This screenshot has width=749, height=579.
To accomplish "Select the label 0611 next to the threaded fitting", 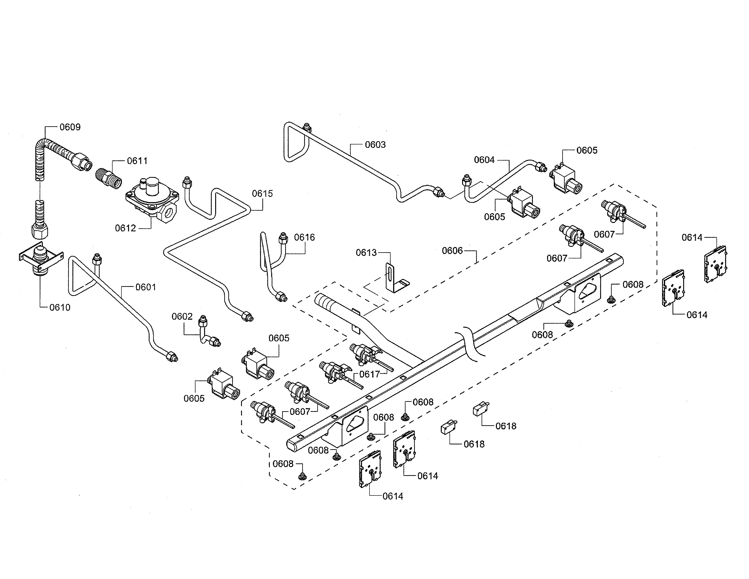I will [x=137, y=161].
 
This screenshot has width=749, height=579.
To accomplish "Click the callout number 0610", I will [x=60, y=307].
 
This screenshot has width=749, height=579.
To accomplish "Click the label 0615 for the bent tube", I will [x=262, y=194].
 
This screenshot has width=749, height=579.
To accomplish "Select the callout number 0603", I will [x=375, y=145].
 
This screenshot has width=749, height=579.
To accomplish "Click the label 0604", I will [x=484, y=160].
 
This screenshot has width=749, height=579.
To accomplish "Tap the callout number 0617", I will [x=370, y=374].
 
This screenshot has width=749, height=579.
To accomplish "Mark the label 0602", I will [x=182, y=316].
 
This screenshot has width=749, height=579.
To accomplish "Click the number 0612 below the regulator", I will [x=126, y=228].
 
